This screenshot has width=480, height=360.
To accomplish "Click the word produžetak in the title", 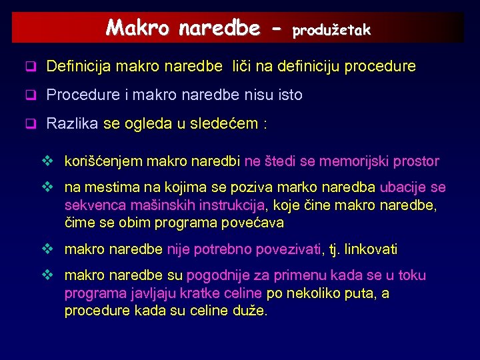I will (x=331, y=30).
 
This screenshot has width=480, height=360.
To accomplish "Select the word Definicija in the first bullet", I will (x=79, y=67).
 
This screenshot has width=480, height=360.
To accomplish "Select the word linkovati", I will (x=369, y=250).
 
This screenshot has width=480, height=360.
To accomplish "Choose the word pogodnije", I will (x=216, y=276).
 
